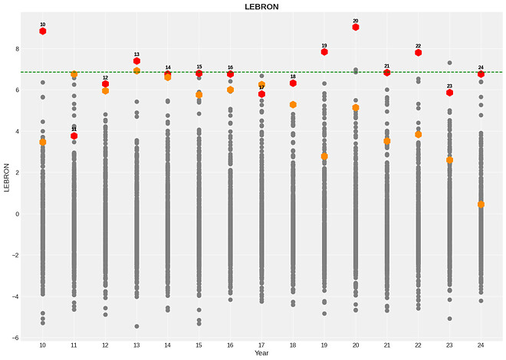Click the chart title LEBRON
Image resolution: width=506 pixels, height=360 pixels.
coord(261,6)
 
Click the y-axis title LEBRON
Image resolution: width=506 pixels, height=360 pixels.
coord(8,178)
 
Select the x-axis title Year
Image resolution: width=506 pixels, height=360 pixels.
coord(261,353)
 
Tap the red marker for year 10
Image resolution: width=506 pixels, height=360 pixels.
coord(43,31)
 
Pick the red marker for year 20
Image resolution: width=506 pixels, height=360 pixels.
coord(356,27)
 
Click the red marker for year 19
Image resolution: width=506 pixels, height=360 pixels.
coord(324,52)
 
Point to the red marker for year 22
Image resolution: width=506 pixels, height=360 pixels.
coord(419,53)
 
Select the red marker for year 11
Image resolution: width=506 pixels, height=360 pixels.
coord(74,136)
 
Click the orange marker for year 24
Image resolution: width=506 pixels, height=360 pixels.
coord(481,205)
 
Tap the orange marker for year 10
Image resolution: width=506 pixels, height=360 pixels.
coord(43,142)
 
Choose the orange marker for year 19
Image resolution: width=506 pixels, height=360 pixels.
coord(324,156)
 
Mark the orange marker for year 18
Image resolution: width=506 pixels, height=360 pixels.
coord(293,104)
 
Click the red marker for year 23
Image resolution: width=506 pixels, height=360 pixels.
coord(450,93)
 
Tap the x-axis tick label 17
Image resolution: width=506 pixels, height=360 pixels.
coord(261,345)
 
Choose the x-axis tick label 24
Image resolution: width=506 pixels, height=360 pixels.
coord(481,345)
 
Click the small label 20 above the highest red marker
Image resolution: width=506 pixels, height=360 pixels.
coord(356,21)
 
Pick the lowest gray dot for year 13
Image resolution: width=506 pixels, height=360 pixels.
coord(136,326)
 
